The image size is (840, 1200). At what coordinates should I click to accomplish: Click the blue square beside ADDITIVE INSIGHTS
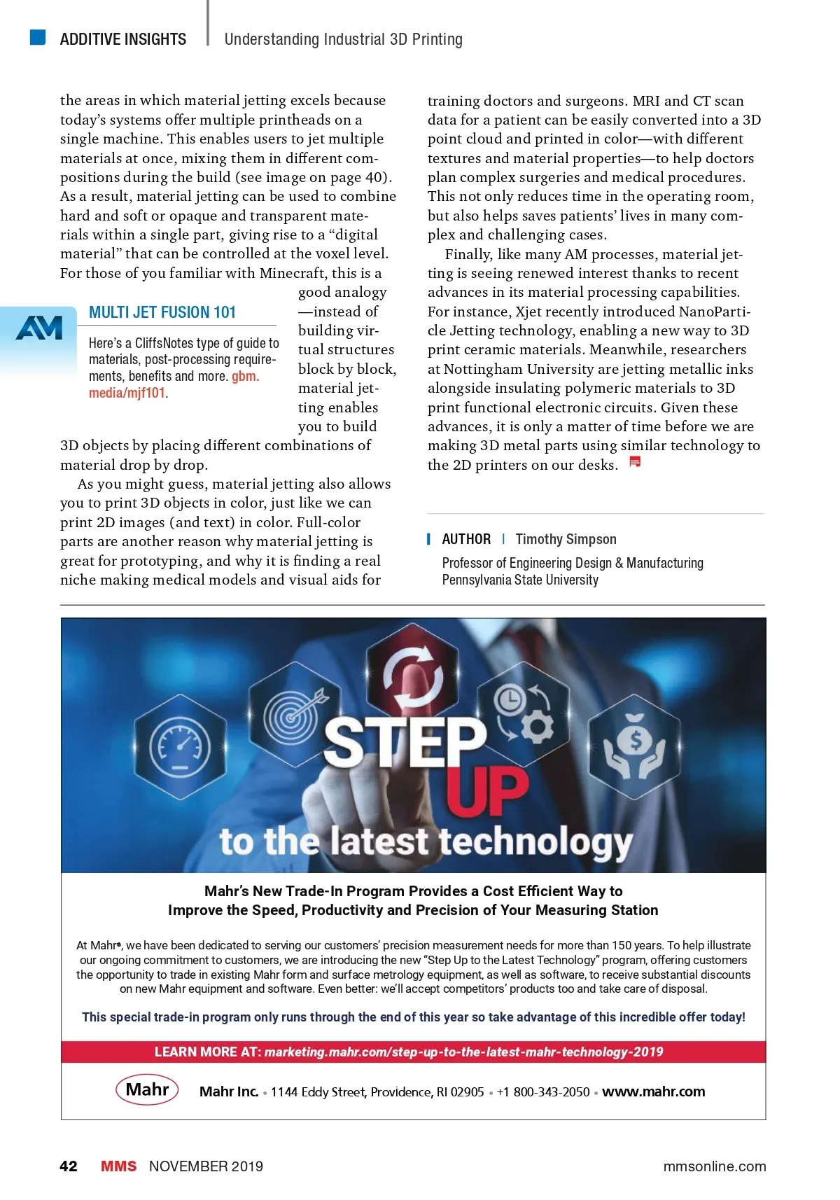38,37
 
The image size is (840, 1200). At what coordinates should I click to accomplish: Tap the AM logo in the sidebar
39,328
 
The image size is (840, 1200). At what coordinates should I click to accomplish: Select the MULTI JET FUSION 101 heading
162,312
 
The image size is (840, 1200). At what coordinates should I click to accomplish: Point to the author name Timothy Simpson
566,539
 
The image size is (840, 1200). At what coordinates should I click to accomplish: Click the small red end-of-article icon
635,462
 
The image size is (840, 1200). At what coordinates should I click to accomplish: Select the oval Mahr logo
147,1089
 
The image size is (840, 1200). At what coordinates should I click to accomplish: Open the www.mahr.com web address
653,1091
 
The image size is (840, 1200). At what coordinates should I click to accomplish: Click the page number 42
69,1166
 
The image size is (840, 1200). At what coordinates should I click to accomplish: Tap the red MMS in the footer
118,1166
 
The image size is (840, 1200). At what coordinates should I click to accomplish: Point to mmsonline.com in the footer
714,1166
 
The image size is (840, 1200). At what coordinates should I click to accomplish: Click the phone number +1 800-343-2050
543,1092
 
